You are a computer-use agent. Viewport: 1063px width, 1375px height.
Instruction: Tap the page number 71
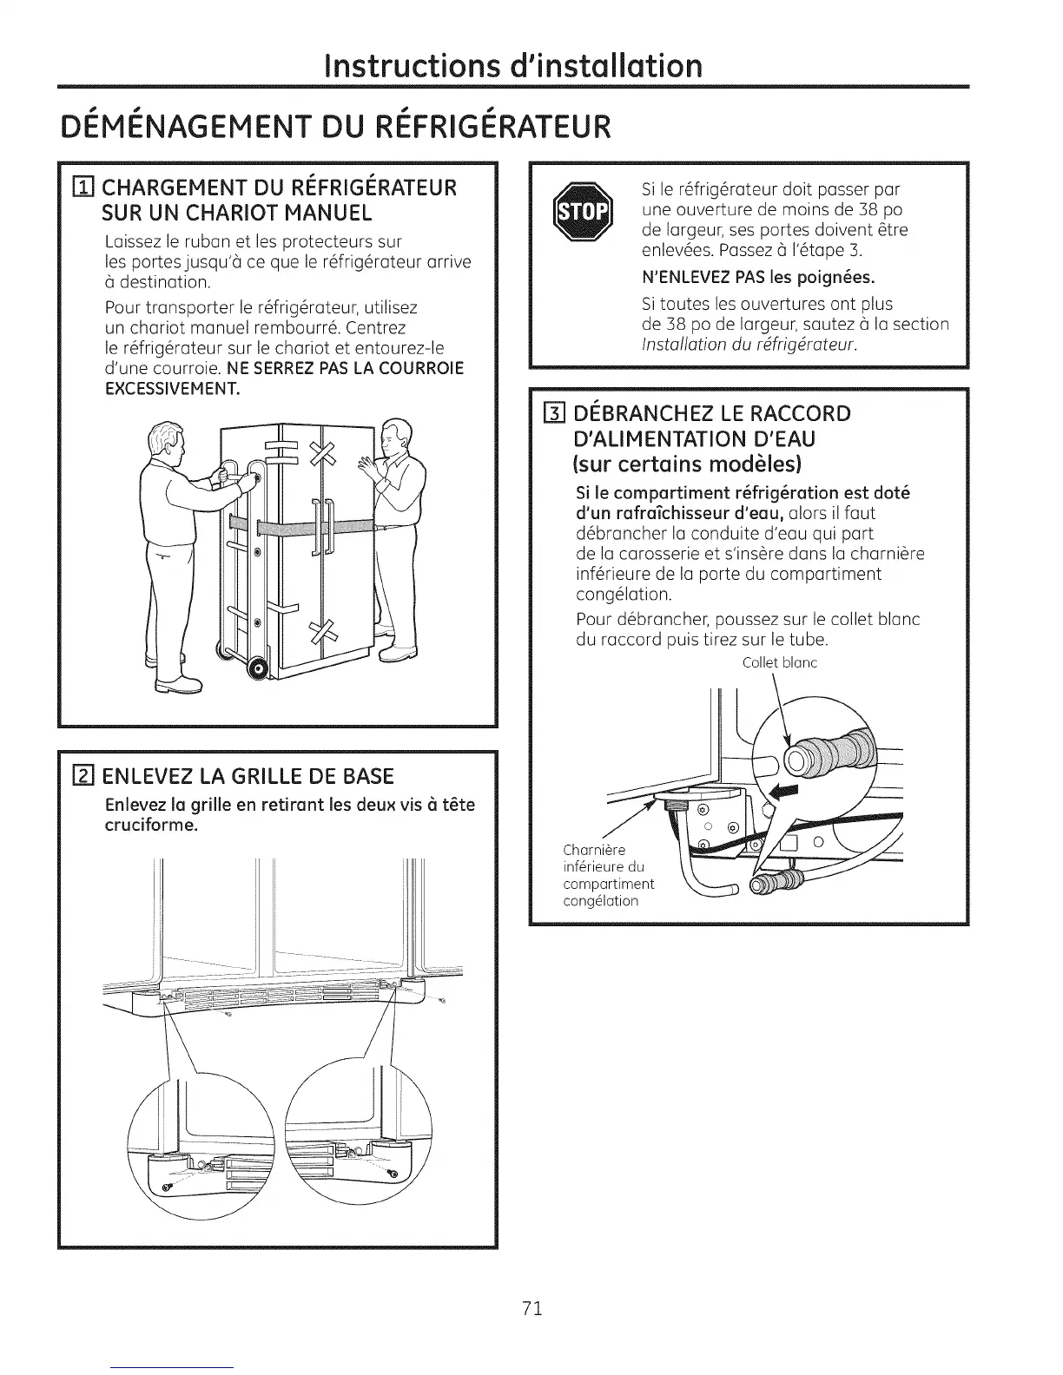(532, 1309)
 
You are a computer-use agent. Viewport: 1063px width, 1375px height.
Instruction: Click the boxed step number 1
(86, 187)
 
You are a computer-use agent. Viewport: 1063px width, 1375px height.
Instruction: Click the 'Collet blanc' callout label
(781, 663)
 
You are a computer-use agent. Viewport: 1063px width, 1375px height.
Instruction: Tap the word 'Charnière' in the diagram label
(594, 849)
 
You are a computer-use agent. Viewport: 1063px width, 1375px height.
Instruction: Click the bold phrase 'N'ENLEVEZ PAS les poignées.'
(757, 278)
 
